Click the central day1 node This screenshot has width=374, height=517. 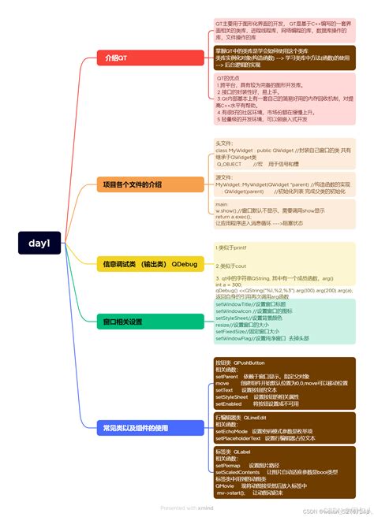tap(39, 244)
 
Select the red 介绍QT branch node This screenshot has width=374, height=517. tap(110, 58)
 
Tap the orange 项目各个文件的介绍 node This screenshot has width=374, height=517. tap(133, 184)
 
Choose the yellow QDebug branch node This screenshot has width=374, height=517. tap(145, 264)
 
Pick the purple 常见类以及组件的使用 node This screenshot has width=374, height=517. tap(135, 428)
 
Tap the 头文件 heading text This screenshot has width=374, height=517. tap(224, 143)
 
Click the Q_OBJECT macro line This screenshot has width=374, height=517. tap(230, 164)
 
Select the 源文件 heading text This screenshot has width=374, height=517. tap(224, 177)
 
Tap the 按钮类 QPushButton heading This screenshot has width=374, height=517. tap(245, 362)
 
